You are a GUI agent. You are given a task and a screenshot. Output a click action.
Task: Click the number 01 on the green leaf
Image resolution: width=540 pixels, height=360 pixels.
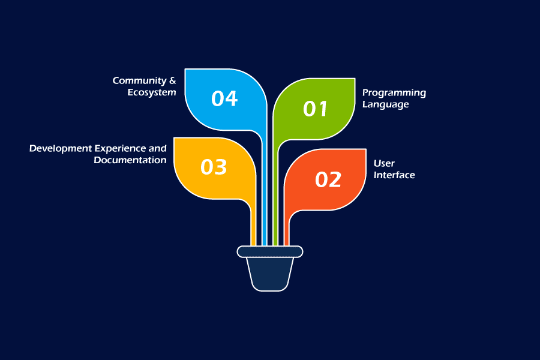pyautogui.click(x=316, y=109)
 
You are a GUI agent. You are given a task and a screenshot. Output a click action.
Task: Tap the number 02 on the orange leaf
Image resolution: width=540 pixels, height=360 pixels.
pyautogui.click(x=328, y=179)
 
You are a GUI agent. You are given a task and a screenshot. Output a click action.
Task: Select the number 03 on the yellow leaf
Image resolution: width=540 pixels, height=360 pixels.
pyautogui.click(x=214, y=167)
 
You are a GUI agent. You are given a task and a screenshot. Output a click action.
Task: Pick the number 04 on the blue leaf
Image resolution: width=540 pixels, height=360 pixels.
pyautogui.click(x=224, y=98)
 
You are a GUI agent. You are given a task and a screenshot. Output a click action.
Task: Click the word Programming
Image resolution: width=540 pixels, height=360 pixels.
pyautogui.click(x=394, y=93)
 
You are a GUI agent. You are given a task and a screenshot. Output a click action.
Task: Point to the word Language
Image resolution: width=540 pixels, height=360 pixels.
pyautogui.click(x=385, y=104)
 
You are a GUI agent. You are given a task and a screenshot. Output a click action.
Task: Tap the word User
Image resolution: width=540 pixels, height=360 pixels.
pyautogui.click(x=384, y=163)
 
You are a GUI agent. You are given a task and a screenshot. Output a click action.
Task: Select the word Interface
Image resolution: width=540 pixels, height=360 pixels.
pyautogui.click(x=394, y=175)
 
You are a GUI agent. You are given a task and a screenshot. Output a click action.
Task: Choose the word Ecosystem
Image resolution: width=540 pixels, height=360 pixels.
pyautogui.click(x=151, y=92)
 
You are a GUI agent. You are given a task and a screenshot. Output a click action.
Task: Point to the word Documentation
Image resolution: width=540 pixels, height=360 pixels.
pyautogui.click(x=130, y=160)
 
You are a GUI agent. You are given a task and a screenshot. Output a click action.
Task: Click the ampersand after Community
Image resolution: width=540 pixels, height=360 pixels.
pyautogui.click(x=173, y=80)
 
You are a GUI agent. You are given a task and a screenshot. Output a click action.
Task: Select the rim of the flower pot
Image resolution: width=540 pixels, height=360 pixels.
pyautogui.click(x=270, y=251)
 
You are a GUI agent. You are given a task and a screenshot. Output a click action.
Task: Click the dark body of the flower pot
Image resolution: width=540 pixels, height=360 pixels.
pyautogui.click(x=270, y=273)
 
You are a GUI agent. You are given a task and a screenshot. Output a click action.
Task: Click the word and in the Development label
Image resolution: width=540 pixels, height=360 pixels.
pyautogui.click(x=158, y=148)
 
